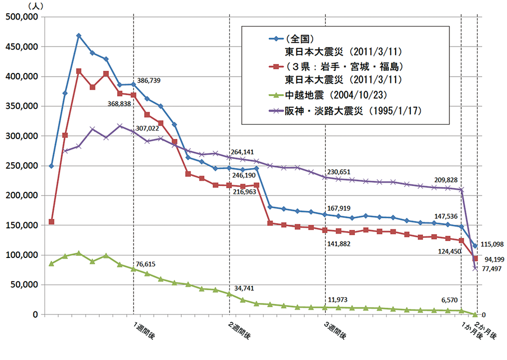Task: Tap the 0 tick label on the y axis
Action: (35, 315)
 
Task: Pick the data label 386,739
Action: (149, 81)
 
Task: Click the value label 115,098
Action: (493, 244)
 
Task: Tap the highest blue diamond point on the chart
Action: (79, 35)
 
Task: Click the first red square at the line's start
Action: (51, 221)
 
